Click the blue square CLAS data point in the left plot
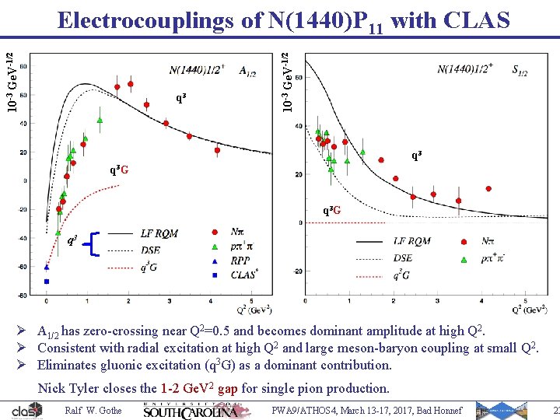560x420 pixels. [x=47, y=281]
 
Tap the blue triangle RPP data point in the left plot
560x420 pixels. [x=47, y=267]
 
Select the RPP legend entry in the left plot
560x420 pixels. [x=240, y=261]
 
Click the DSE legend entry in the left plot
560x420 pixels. [x=152, y=250]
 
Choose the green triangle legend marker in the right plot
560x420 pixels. [x=464, y=259]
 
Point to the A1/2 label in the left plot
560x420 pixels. [x=247, y=72]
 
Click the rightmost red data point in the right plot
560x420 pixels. [x=488, y=188]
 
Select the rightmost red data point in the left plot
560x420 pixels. [x=217, y=150]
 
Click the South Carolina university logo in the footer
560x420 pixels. [x=191, y=410]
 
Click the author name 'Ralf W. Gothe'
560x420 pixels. [x=93, y=411]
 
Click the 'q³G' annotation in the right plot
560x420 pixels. [x=332, y=211]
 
